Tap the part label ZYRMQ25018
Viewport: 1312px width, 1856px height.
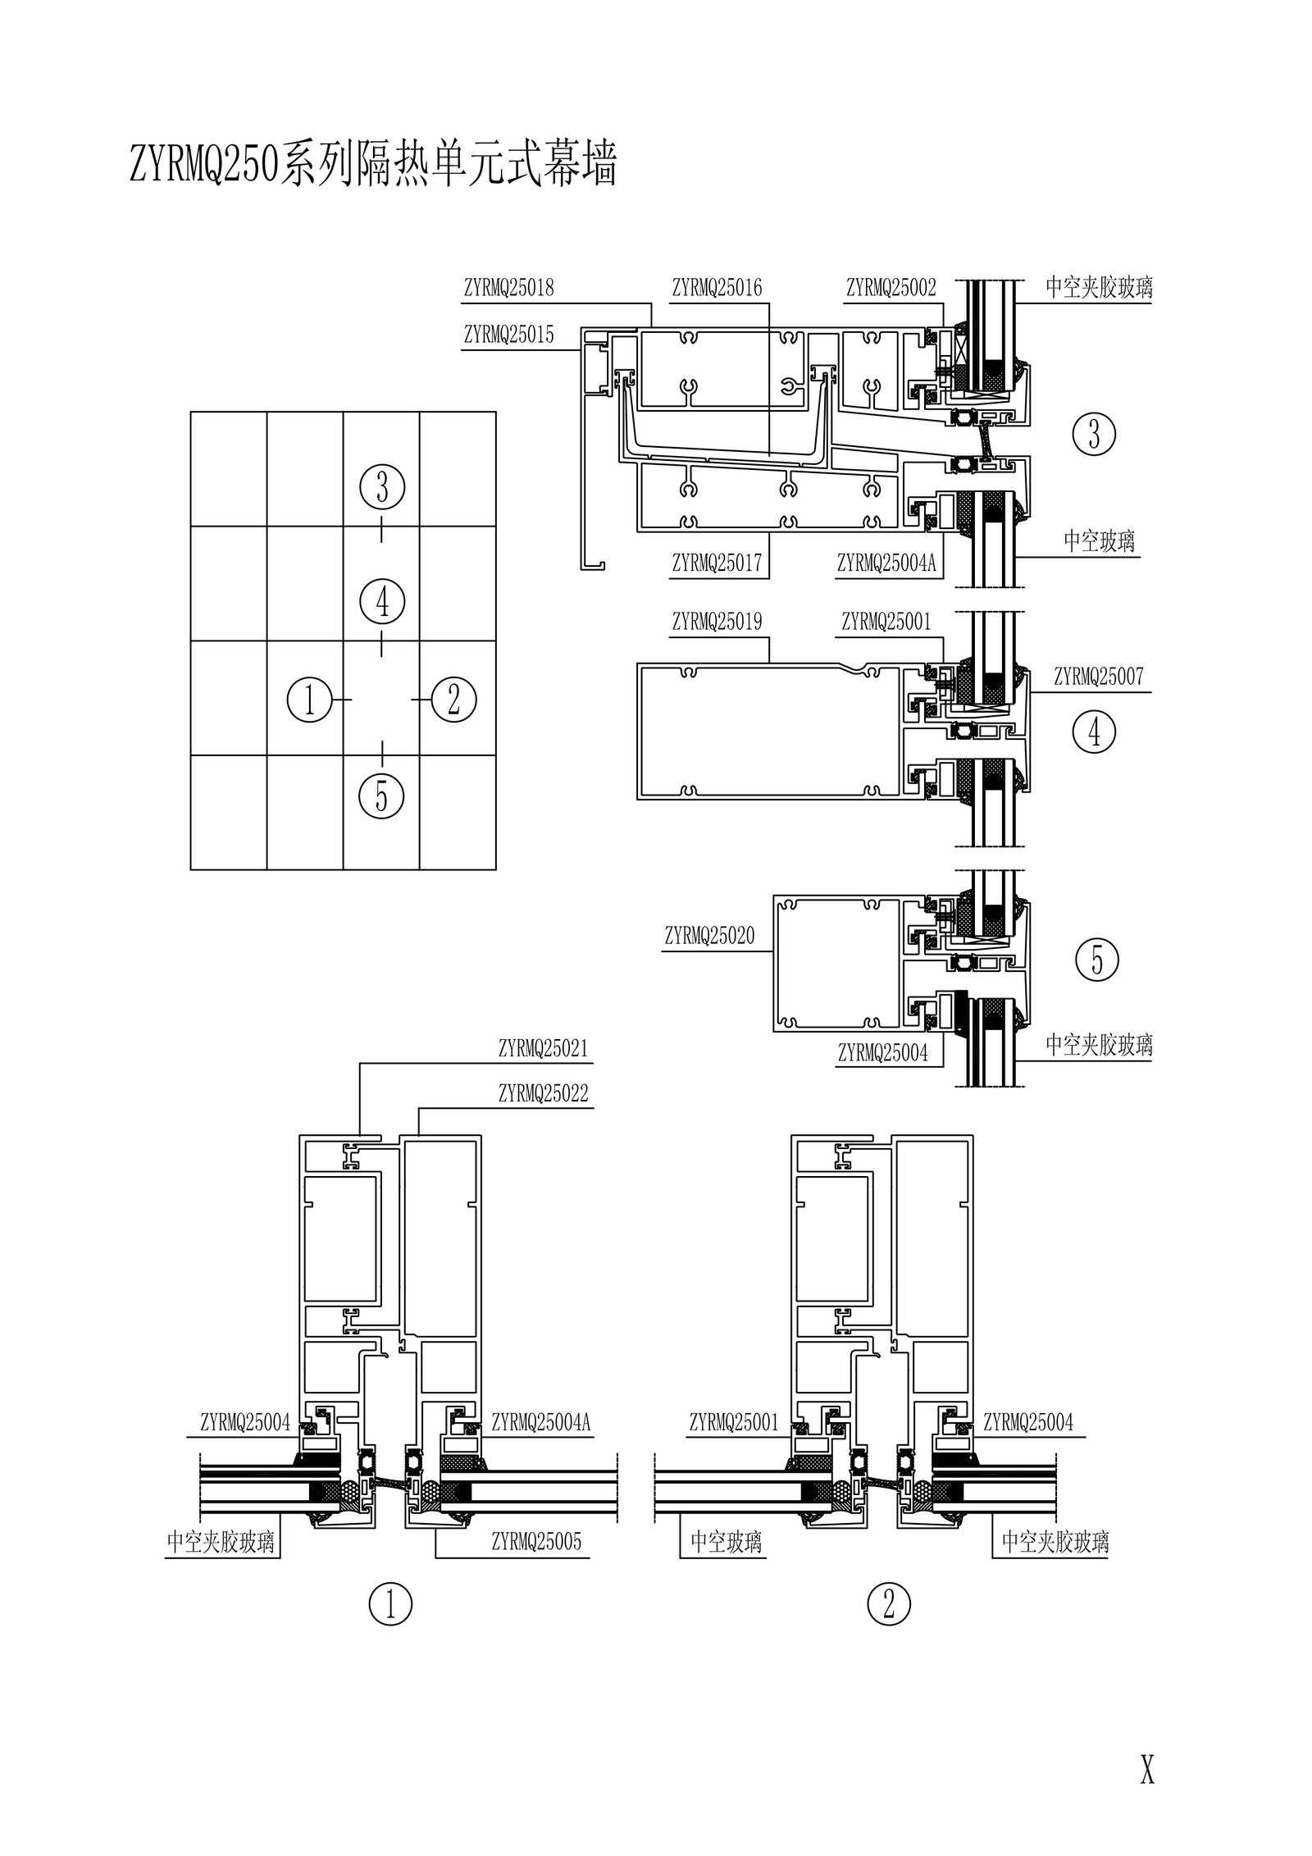click(508, 288)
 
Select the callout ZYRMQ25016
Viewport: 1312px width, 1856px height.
click(717, 288)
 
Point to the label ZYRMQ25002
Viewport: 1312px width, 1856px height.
click(891, 288)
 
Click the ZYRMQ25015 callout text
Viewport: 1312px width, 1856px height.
click(508, 335)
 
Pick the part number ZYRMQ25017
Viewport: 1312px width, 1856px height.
click(717, 563)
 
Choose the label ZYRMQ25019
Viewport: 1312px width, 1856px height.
click(717, 622)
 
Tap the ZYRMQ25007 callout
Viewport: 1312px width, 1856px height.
click(1098, 677)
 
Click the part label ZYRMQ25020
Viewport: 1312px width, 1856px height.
click(709, 936)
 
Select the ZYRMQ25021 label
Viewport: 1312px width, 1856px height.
click(543, 1048)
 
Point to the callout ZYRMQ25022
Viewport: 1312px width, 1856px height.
click(543, 1094)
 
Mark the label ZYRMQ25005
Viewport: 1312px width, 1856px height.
click(536, 1541)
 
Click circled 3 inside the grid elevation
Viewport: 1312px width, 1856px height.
click(382, 489)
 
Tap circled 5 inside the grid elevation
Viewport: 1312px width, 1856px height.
click(382, 795)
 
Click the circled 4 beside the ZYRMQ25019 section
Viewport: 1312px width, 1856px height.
click(1094, 732)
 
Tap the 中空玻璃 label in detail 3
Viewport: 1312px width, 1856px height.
click(1099, 541)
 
